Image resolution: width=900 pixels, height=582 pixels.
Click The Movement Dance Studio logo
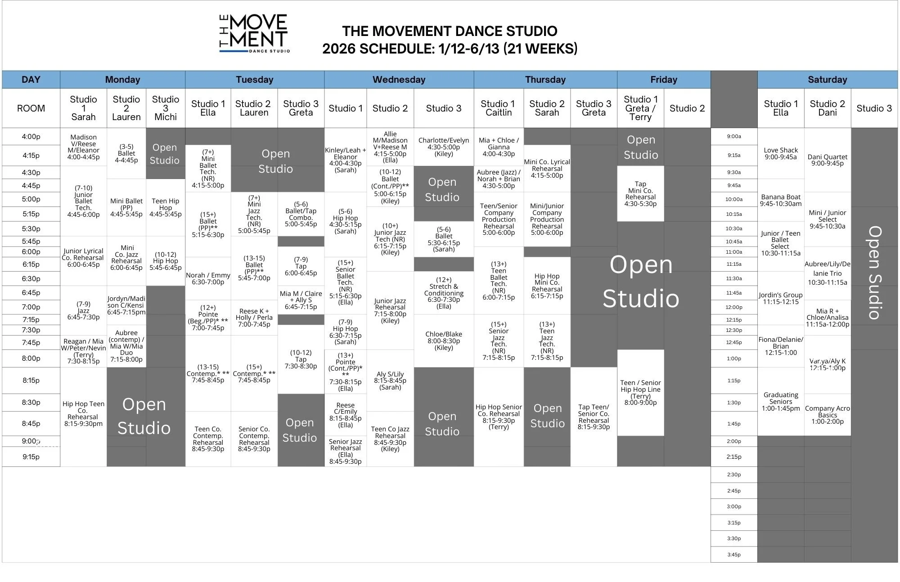[254, 34]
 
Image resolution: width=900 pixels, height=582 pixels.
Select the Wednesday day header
[399, 80]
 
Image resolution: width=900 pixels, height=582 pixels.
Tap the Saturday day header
[827, 80]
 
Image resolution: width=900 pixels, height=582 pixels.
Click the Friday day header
[663, 80]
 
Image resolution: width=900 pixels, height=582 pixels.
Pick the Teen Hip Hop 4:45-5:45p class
[166, 207]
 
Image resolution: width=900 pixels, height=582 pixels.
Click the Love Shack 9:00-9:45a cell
[780, 153]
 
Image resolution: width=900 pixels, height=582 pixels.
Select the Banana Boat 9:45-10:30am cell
[780, 200]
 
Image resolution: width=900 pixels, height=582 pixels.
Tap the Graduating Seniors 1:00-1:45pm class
[780, 401]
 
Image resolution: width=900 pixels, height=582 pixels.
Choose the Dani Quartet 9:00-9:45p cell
[827, 160]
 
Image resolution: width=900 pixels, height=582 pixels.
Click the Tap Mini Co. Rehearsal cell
[640, 194]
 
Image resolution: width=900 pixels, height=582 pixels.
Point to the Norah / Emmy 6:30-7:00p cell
[208, 278]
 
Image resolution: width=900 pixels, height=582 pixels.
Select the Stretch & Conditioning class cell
[443, 293]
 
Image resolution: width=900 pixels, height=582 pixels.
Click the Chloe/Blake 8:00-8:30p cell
[443, 340]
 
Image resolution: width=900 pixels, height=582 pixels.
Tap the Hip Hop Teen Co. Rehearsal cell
[83, 413]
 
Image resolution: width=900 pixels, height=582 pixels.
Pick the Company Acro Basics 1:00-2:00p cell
[827, 415]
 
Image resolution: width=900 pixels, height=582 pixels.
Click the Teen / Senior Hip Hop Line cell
[640, 392]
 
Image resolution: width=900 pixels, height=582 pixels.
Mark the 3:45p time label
[733, 555]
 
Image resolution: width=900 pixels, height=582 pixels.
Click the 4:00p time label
[31, 137]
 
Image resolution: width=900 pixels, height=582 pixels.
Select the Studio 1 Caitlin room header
[498, 108]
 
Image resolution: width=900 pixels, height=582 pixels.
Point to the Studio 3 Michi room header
[166, 108]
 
